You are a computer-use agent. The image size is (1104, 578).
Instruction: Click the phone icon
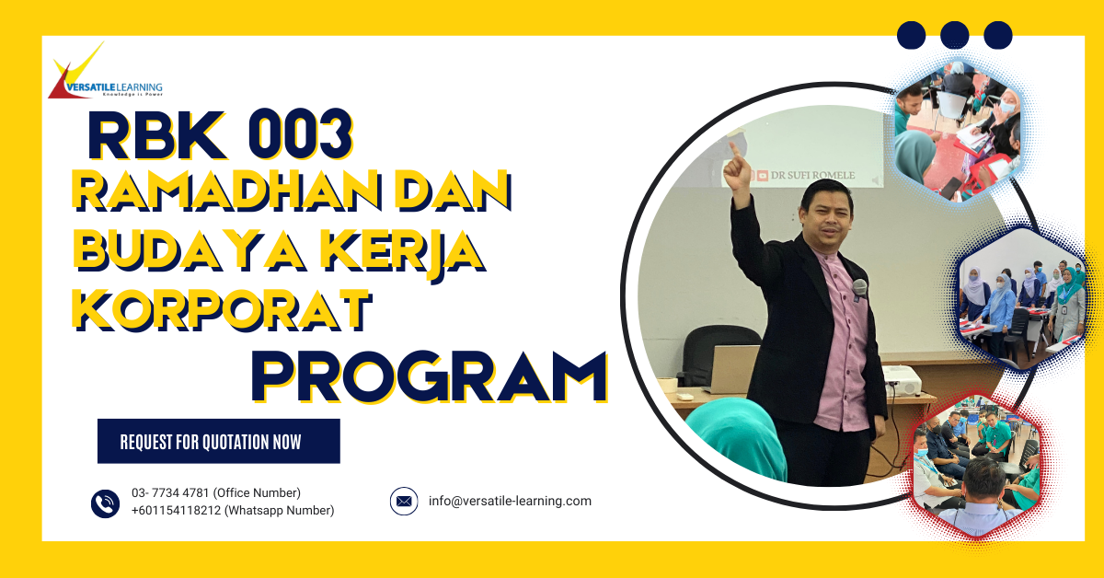(x=106, y=503)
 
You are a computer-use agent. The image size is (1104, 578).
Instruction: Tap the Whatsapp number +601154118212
(x=177, y=511)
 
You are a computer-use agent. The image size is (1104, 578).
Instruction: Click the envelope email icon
(x=404, y=502)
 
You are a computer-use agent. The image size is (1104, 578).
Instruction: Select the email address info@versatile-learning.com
(x=510, y=502)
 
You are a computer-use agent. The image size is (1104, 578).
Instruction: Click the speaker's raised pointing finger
(x=733, y=146)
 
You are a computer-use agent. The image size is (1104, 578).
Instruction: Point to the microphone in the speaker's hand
(x=859, y=287)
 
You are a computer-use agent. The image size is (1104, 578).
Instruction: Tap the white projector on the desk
(x=900, y=378)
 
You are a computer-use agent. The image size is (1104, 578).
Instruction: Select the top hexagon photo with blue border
(x=958, y=128)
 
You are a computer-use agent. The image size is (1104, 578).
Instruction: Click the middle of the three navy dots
(x=955, y=35)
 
